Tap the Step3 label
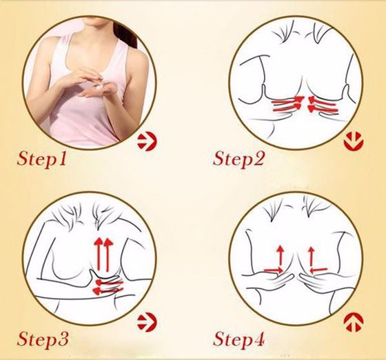click(42, 340)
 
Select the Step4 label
click(238, 340)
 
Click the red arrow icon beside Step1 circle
click(147, 142)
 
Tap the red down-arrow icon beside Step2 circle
click(354, 141)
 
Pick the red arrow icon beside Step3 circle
click(147, 322)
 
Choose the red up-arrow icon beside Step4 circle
click(354, 322)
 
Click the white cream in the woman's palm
click(100, 88)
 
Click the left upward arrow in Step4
click(280, 256)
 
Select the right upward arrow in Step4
click(312, 257)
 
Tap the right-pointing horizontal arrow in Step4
click(274, 270)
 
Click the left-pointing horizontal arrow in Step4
click(318, 270)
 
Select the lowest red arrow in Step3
click(105, 291)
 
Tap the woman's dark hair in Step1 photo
click(130, 34)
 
